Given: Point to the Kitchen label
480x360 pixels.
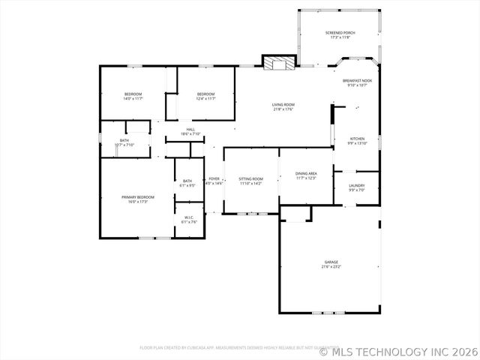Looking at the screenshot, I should tap(358, 140).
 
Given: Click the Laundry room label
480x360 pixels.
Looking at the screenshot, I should tap(357, 187).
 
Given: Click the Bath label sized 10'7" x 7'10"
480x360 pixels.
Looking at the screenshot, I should tap(124, 142).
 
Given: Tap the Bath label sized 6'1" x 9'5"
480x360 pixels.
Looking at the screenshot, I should tap(187, 182).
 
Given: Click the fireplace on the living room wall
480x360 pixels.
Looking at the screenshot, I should tap(280, 63).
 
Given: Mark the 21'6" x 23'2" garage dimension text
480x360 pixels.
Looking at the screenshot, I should tap(331, 267).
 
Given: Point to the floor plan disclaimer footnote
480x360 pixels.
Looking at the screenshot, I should tap(229, 348).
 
